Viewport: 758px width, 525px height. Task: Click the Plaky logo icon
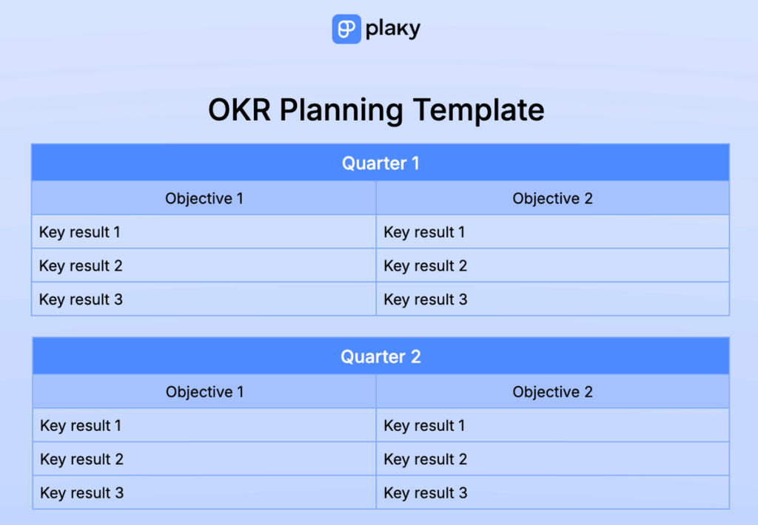346,29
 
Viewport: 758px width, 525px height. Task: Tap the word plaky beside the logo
393,30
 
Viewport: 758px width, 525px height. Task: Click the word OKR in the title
238,110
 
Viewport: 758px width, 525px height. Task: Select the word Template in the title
478,110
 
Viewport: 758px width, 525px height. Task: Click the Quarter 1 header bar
380,163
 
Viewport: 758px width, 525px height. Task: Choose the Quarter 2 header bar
380,356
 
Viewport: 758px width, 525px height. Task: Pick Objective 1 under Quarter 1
204,198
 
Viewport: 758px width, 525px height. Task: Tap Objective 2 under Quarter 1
552,198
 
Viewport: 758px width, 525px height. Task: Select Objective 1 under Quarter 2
204,392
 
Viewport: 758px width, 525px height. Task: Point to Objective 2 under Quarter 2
552,392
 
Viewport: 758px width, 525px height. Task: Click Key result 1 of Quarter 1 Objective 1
80,232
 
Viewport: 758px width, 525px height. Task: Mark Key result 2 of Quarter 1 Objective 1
81,265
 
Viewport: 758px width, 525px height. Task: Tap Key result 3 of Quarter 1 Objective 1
81,299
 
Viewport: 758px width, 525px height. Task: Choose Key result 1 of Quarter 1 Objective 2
425,232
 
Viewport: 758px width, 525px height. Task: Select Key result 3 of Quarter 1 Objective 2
426,299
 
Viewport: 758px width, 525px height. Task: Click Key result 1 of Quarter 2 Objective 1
81,426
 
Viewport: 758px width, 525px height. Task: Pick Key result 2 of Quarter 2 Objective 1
81,459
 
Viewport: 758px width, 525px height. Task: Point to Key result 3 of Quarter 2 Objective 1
81,493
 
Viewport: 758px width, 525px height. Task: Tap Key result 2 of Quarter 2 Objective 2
426,459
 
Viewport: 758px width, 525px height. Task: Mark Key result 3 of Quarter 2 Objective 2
426,493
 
